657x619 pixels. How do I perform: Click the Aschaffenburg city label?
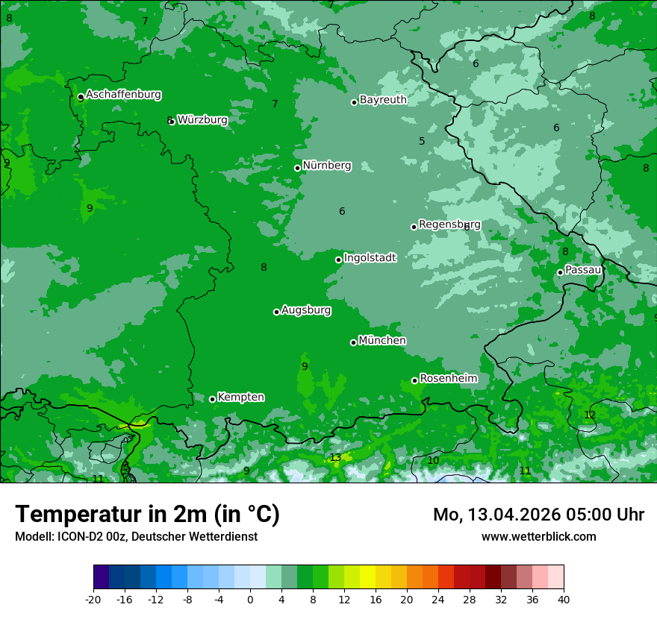[123, 95]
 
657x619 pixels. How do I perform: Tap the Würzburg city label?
[202, 119]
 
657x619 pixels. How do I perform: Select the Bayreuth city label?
[383, 99]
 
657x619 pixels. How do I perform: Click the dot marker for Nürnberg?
[297, 168]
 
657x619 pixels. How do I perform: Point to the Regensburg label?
[449, 224]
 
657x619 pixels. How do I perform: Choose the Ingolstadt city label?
[370, 257]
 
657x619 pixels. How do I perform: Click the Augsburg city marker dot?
[276, 312]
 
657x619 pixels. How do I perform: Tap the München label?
[382, 340]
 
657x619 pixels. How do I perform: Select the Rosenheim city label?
[448, 378]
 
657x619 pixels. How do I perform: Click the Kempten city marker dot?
[212, 399]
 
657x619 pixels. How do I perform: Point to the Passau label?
[583, 269]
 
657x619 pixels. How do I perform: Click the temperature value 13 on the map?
[335, 457]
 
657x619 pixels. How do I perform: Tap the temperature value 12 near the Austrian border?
[590, 415]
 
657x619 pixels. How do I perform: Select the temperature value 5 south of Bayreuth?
[422, 141]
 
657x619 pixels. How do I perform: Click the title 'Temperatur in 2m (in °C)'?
[147, 514]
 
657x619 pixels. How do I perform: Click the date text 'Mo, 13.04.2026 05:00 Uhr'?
[538, 515]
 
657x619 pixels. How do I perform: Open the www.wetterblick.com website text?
[538, 536]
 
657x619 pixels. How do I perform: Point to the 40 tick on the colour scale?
[563, 599]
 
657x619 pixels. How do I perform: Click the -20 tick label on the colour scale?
[93, 599]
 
